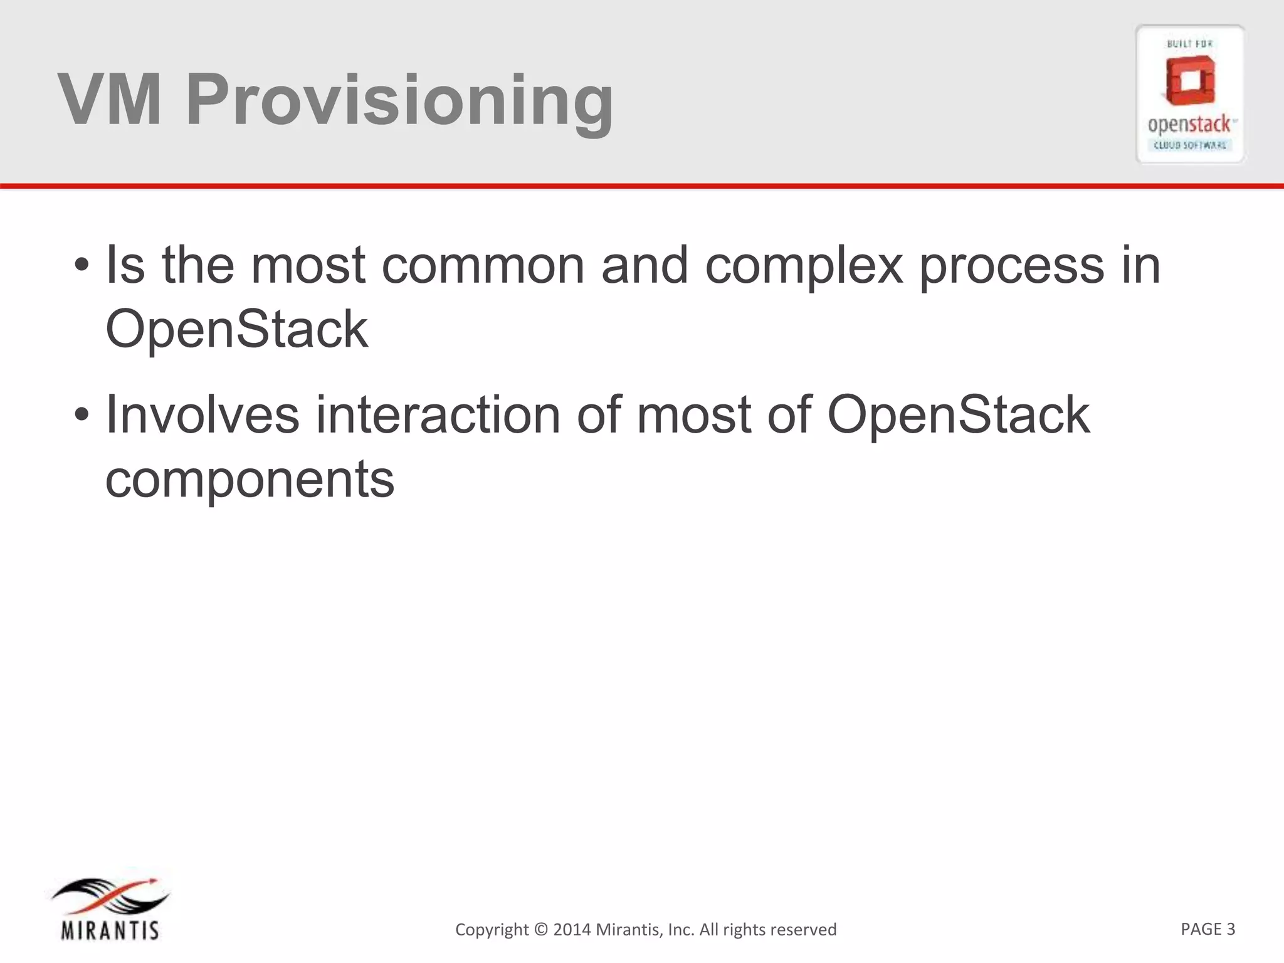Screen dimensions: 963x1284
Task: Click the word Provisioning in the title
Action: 399,100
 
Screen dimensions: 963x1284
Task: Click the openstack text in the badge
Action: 1189,125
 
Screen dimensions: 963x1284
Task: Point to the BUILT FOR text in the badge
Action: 1189,44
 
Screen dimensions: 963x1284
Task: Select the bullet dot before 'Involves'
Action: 81,416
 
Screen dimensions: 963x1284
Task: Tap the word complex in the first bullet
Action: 804,266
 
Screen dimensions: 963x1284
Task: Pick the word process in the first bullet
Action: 1011,266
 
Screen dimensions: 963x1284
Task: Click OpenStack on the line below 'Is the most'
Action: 236,329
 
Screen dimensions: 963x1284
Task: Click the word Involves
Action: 203,415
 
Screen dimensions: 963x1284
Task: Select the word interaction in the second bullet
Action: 438,415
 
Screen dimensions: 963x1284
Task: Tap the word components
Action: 250,480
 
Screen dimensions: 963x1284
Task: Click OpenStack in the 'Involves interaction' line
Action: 959,415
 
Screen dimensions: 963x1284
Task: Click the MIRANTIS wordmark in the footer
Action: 110,930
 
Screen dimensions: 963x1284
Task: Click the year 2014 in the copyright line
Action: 572,929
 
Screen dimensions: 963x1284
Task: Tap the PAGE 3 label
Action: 1208,929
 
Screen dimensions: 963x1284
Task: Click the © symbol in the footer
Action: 541,929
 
